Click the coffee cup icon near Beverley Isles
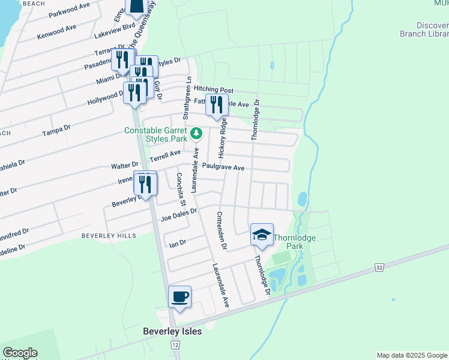(x=180, y=296)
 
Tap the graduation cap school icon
(x=262, y=235)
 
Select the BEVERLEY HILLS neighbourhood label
(x=109, y=236)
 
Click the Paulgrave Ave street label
(x=223, y=167)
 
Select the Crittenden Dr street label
(x=221, y=230)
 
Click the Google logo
(x=20, y=353)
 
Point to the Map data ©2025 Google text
(x=412, y=355)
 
